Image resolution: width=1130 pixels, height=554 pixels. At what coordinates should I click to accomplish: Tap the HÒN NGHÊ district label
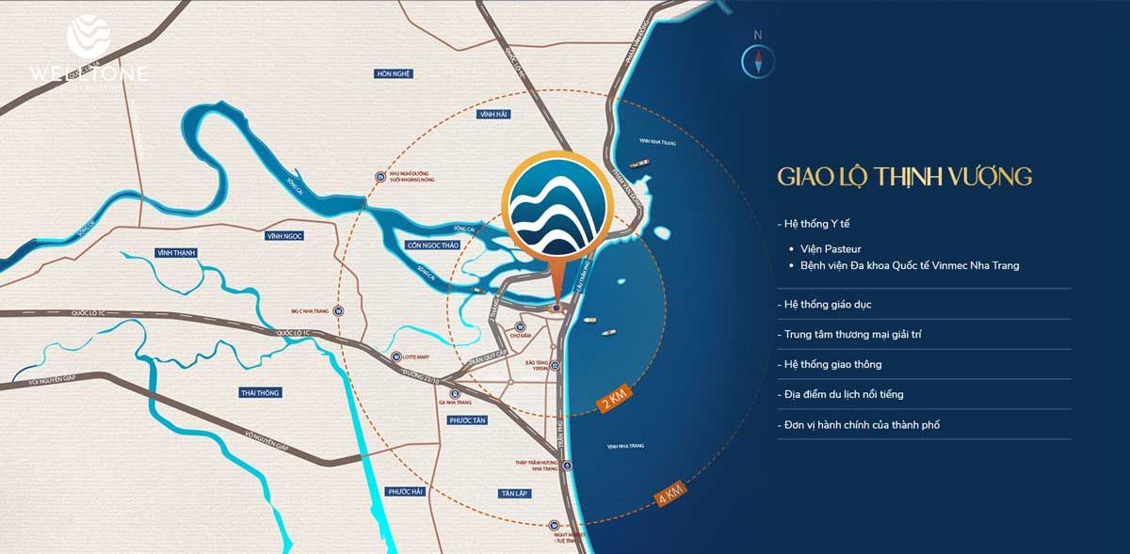(395, 73)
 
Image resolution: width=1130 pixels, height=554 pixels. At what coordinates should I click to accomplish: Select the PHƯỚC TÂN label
(466, 420)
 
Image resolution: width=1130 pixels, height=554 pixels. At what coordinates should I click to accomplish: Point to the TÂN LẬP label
(513, 493)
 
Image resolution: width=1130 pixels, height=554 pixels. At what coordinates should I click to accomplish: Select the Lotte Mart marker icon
(396, 356)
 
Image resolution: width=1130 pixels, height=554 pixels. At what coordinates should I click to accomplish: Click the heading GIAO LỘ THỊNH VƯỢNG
(905, 177)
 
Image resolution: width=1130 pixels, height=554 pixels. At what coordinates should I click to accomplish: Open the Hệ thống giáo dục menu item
(831, 305)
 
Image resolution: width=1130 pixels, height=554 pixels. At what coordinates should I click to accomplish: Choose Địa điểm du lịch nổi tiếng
(843, 394)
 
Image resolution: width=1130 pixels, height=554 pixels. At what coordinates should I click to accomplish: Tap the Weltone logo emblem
(89, 35)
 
